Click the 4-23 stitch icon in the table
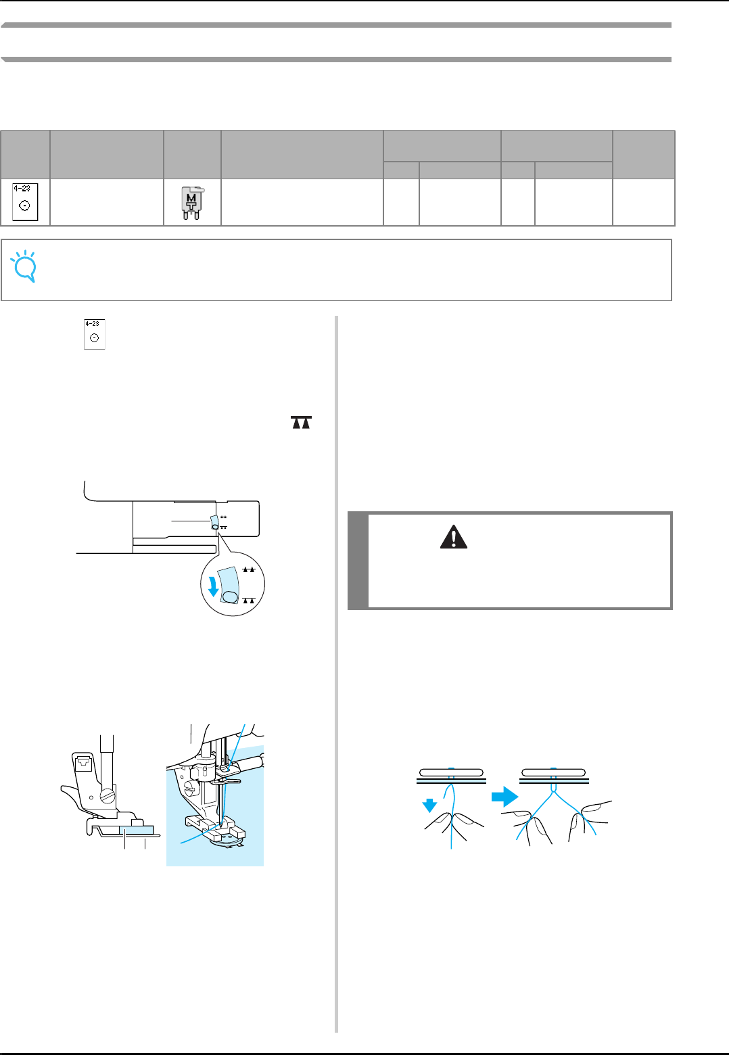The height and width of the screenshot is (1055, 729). pyautogui.click(x=25, y=202)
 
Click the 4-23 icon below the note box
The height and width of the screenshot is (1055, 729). pyautogui.click(x=95, y=334)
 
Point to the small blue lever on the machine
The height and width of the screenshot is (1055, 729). pyautogui.click(x=214, y=521)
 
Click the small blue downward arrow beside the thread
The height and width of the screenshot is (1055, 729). pyautogui.click(x=429, y=805)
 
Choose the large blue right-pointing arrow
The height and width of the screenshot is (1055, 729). pyautogui.click(x=504, y=798)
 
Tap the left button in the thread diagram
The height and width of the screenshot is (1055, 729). pyautogui.click(x=451, y=772)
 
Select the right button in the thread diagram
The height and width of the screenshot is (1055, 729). pyautogui.click(x=554, y=772)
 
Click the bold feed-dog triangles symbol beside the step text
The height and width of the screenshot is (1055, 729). pyautogui.click(x=302, y=423)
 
